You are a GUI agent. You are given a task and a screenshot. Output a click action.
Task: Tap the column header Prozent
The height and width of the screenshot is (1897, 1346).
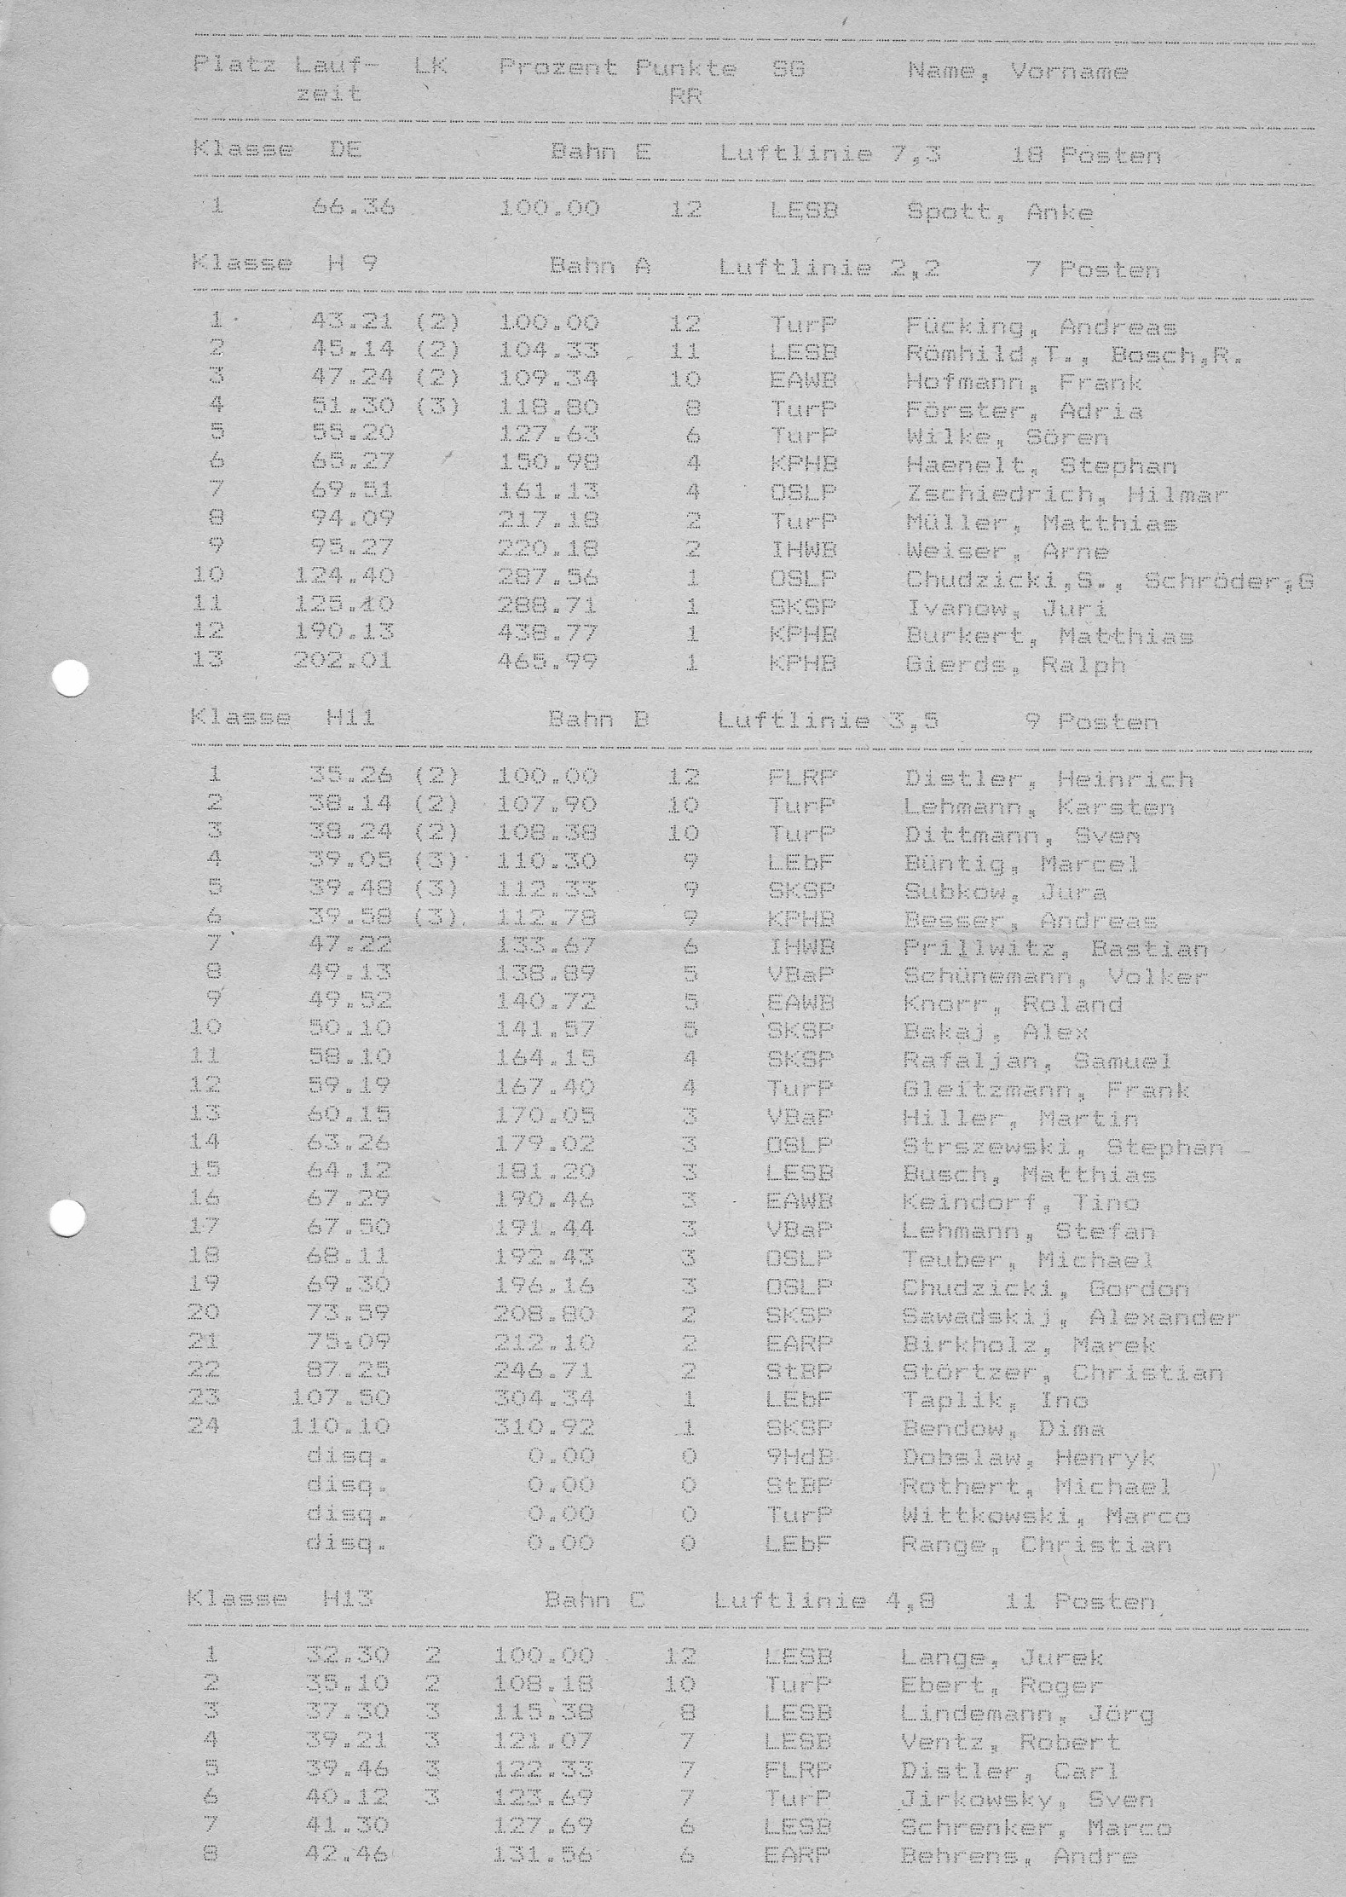pyautogui.click(x=558, y=67)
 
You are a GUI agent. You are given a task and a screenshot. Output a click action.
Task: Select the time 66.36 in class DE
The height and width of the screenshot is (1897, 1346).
pyautogui.click(x=353, y=206)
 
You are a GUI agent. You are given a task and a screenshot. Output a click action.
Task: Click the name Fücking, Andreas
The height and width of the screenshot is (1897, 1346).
pyautogui.click(x=1041, y=327)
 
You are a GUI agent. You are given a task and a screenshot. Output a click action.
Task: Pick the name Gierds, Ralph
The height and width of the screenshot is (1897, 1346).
pyautogui.click(x=1015, y=664)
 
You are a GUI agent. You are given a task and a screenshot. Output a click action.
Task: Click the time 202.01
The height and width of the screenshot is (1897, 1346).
pyautogui.click(x=343, y=660)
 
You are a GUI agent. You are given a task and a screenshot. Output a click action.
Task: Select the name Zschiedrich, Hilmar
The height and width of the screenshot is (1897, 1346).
pyautogui.click(x=1066, y=494)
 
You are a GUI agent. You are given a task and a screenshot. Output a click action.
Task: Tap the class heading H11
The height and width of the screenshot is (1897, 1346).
pyautogui.click(x=350, y=718)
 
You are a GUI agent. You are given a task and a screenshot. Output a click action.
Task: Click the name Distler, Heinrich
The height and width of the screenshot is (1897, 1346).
pyautogui.click(x=1048, y=778)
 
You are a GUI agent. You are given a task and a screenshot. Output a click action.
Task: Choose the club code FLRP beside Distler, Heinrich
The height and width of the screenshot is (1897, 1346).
pyautogui.click(x=801, y=777)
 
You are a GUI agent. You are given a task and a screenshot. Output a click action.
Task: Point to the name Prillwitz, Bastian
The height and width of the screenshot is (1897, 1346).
pyautogui.click(x=1055, y=948)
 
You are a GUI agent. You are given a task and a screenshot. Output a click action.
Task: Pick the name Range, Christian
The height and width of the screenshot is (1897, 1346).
pyautogui.click(x=1036, y=1544)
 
